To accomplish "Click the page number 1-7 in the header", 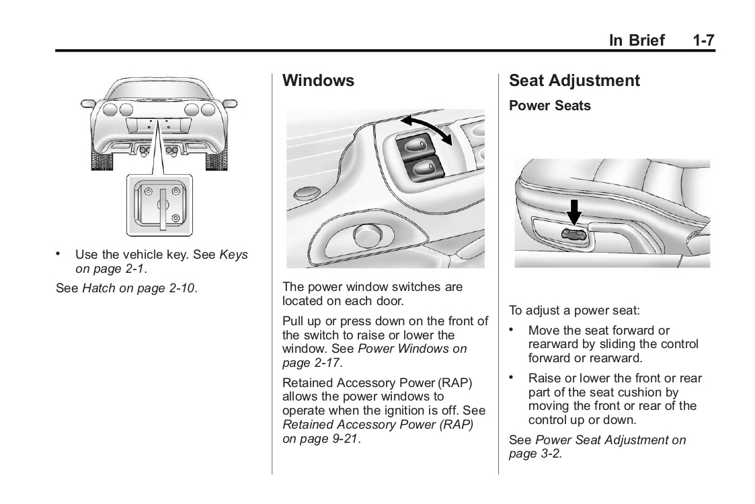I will [x=703, y=40].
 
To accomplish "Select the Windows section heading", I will [x=318, y=81].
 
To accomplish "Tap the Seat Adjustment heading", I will [x=574, y=81].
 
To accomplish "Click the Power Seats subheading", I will [x=549, y=106].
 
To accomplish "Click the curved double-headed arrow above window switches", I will [x=426, y=128].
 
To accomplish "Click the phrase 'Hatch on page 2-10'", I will [x=138, y=289].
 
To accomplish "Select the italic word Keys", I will [x=234, y=255].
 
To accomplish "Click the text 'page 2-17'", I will [x=311, y=363].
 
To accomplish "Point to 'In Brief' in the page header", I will [x=636, y=40].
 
